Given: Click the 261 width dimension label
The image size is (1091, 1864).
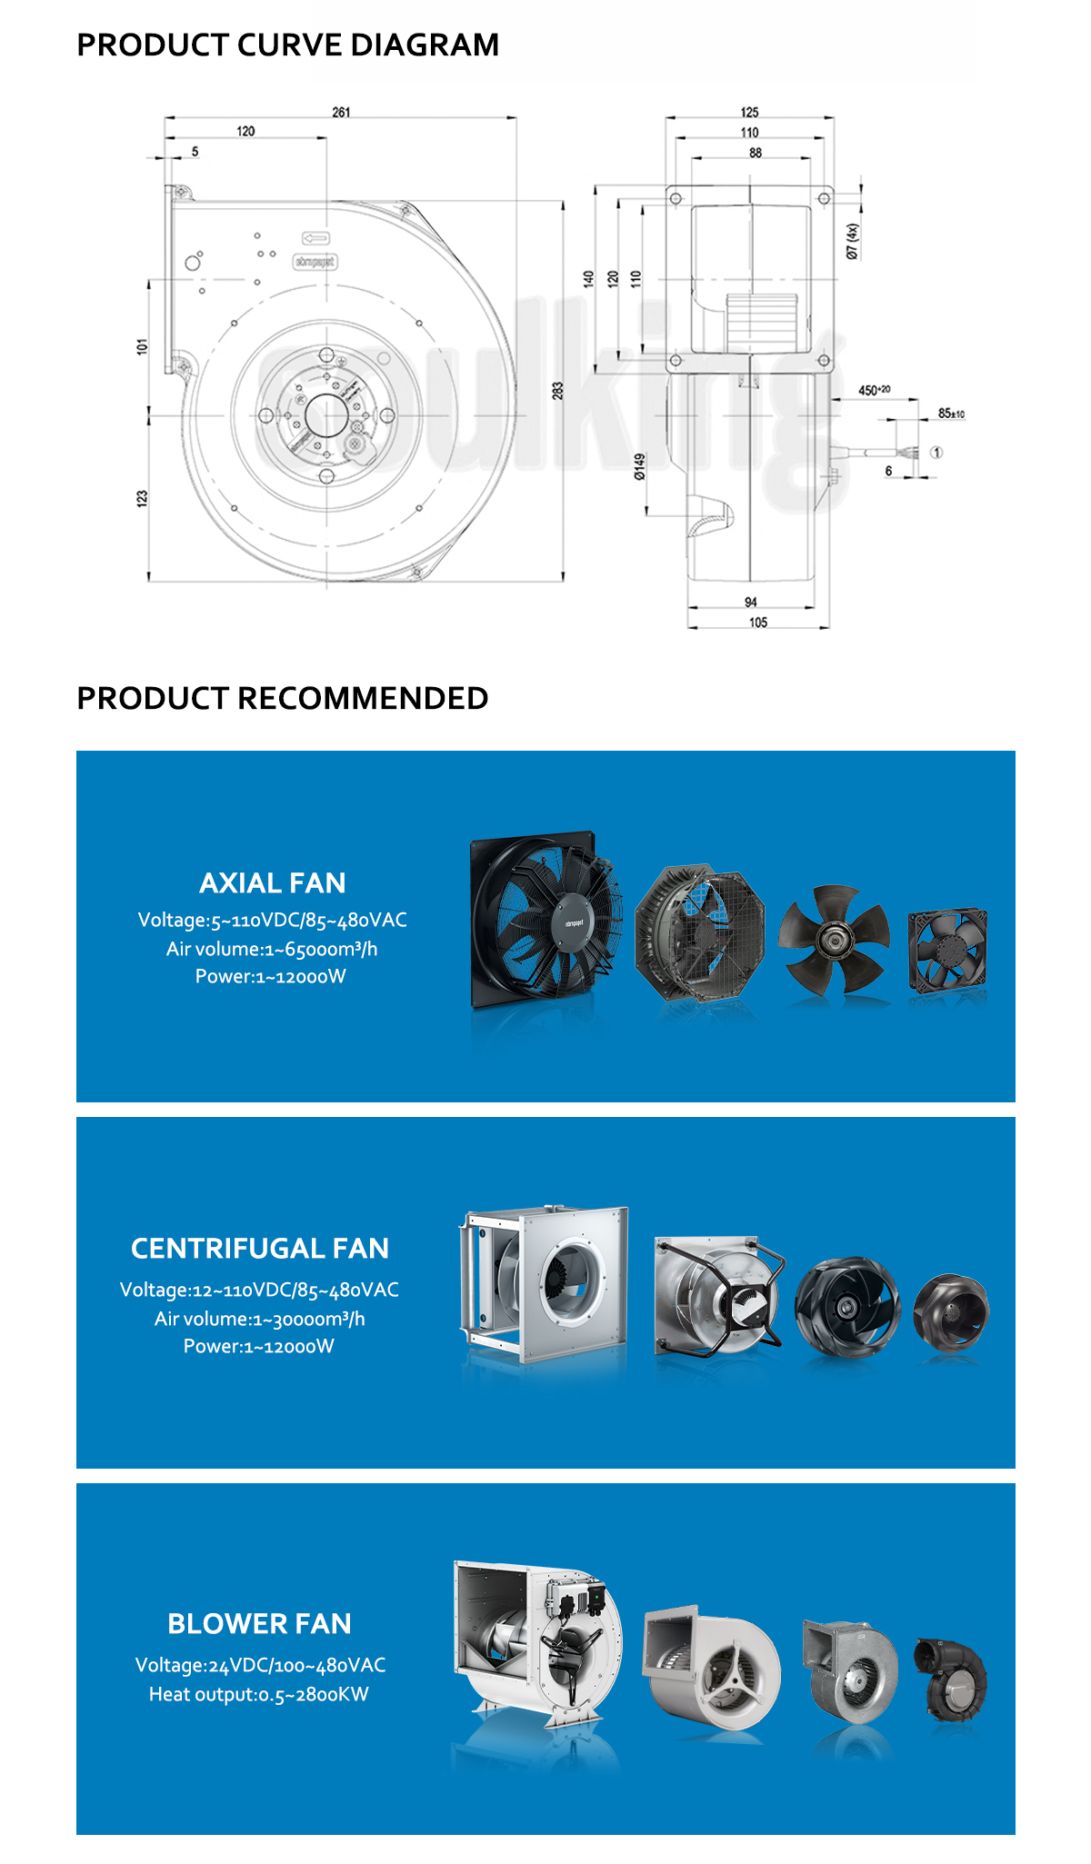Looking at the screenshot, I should (341, 112).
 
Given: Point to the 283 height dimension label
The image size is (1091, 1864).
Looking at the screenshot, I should (557, 390).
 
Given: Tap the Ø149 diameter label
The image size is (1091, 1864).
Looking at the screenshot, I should (639, 466).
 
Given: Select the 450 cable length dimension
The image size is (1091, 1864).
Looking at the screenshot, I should (874, 390).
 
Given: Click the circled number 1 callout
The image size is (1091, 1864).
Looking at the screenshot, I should (936, 452).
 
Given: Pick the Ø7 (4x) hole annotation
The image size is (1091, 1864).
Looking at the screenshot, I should (852, 242).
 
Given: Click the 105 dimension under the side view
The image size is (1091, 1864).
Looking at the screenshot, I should (758, 623).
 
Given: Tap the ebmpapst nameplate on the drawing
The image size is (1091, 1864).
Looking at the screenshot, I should (315, 262).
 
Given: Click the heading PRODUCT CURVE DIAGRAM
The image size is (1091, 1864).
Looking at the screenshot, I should (287, 45).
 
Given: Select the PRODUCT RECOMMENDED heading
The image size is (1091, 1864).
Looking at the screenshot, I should (282, 698).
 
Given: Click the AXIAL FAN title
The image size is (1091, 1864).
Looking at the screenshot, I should (272, 882).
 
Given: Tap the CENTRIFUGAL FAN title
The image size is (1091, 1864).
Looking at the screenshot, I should (259, 1248).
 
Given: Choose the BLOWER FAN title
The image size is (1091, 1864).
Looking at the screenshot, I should (259, 1623).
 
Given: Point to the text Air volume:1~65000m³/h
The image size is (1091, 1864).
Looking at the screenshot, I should (271, 949).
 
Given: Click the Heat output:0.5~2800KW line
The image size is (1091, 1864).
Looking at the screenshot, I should (258, 1694).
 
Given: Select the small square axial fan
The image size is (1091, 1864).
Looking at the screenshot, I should (947, 950).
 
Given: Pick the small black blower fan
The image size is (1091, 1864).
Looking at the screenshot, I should (951, 1680).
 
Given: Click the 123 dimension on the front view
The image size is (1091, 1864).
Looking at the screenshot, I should (142, 498).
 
